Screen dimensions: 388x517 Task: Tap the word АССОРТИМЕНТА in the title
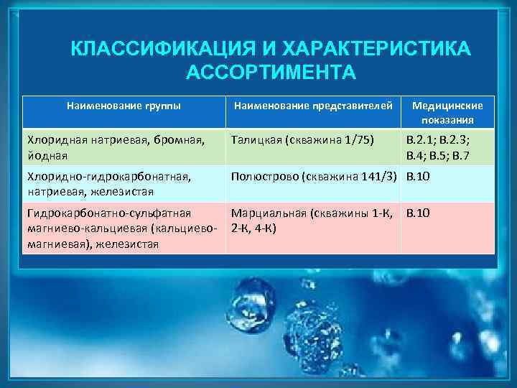point(271,73)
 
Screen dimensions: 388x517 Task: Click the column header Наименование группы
point(124,106)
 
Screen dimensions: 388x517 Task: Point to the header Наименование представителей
point(315,106)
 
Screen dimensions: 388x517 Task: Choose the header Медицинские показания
point(447,112)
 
